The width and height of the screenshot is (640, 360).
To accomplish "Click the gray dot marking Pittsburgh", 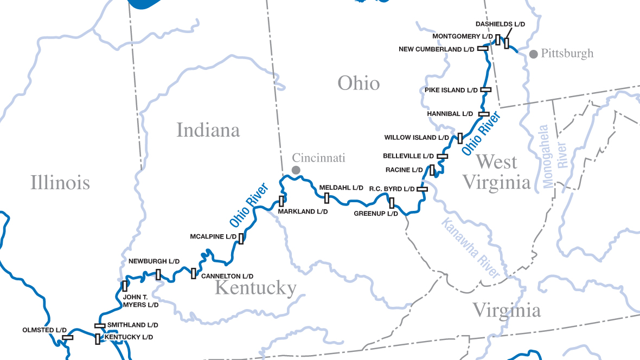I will (534, 54).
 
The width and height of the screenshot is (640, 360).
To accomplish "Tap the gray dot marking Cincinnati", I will (296, 170).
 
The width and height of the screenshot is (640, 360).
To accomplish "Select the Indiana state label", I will (208, 130).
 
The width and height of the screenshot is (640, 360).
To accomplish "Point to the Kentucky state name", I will (255, 288).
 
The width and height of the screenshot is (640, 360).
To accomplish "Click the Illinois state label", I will (60, 182).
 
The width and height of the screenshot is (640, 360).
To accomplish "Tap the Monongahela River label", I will (552, 157).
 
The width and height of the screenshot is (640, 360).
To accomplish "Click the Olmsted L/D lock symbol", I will (68, 337).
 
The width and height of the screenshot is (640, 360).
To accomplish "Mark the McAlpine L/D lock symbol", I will (241, 238).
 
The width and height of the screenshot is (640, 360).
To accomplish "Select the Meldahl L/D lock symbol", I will (327, 198).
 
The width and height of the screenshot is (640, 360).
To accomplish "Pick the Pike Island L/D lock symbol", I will (485, 89).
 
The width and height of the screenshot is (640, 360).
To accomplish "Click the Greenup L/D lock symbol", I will (392, 203).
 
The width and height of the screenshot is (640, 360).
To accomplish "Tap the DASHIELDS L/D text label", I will (500, 24).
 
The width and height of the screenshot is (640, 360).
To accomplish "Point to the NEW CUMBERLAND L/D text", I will (437, 49).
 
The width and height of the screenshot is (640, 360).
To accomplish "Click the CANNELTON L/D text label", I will (227, 276).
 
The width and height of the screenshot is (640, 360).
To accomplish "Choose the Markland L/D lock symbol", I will (281, 201).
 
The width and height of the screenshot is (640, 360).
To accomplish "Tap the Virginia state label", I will (506, 311).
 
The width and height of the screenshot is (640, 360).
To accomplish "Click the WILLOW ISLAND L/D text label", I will (417, 138).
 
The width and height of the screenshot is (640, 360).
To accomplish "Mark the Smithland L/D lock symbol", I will (100, 325).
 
